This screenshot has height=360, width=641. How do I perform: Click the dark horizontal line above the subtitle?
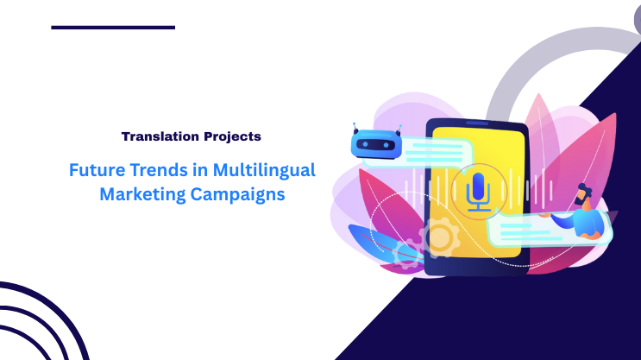point(113,28)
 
